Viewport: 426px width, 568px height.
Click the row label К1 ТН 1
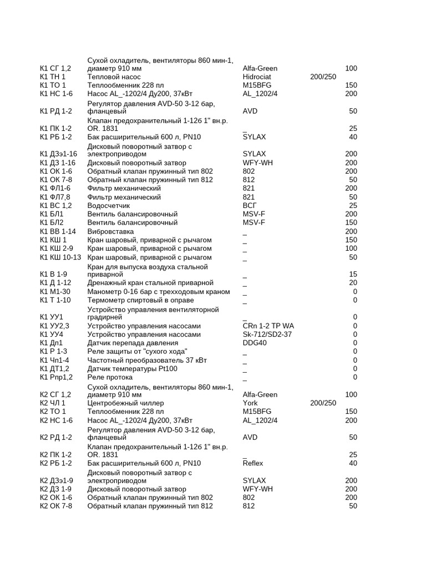point(53,77)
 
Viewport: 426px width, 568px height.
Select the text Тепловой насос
point(114,77)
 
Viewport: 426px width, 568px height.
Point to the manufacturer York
point(250,403)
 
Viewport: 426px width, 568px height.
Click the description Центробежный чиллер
point(125,403)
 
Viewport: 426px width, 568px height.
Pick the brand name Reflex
point(253,463)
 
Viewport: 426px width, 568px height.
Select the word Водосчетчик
point(109,206)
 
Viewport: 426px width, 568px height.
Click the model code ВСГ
point(251,206)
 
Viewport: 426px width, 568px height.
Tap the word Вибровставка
point(110,231)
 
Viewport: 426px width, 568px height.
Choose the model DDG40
point(255,343)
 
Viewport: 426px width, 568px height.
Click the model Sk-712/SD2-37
point(267,334)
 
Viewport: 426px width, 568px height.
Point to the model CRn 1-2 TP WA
point(268,326)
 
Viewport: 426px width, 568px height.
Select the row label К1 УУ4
point(52,334)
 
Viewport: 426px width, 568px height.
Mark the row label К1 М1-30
point(55,292)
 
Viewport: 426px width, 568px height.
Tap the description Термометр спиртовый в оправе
point(139,300)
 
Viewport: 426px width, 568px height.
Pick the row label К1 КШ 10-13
point(60,257)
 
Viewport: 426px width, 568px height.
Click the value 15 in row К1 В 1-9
point(353,275)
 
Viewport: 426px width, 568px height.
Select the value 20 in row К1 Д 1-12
point(353,283)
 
